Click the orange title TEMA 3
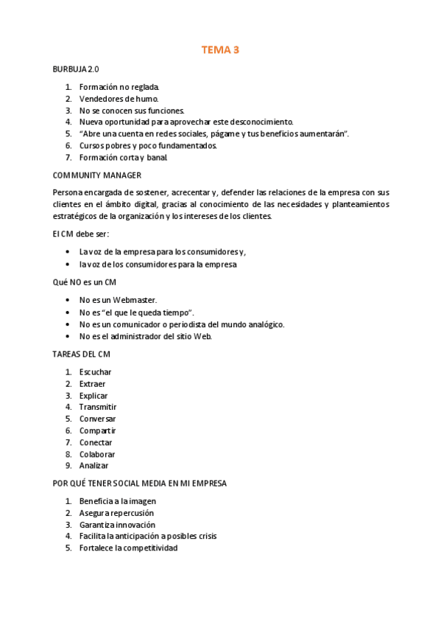(x=220, y=50)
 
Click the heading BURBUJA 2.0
(x=76, y=69)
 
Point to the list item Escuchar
(x=95, y=371)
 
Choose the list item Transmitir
(x=98, y=407)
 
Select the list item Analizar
(x=94, y=466)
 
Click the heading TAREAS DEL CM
(x=81, y=354)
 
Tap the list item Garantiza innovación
(x=117, y=525)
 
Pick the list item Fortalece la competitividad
(x=128, y=548)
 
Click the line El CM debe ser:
(x=80, y=234)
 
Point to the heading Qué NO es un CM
(x=84, y=282)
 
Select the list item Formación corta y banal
(x=124, y=157)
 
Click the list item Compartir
(x=97, y=430)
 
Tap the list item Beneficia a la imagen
(x=118, y=501)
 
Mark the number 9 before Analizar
(x=68, y=466)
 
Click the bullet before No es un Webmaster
(x=68, y=300)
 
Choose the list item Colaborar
(x=97, y=454)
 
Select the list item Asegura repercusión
(x=116, y=513)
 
